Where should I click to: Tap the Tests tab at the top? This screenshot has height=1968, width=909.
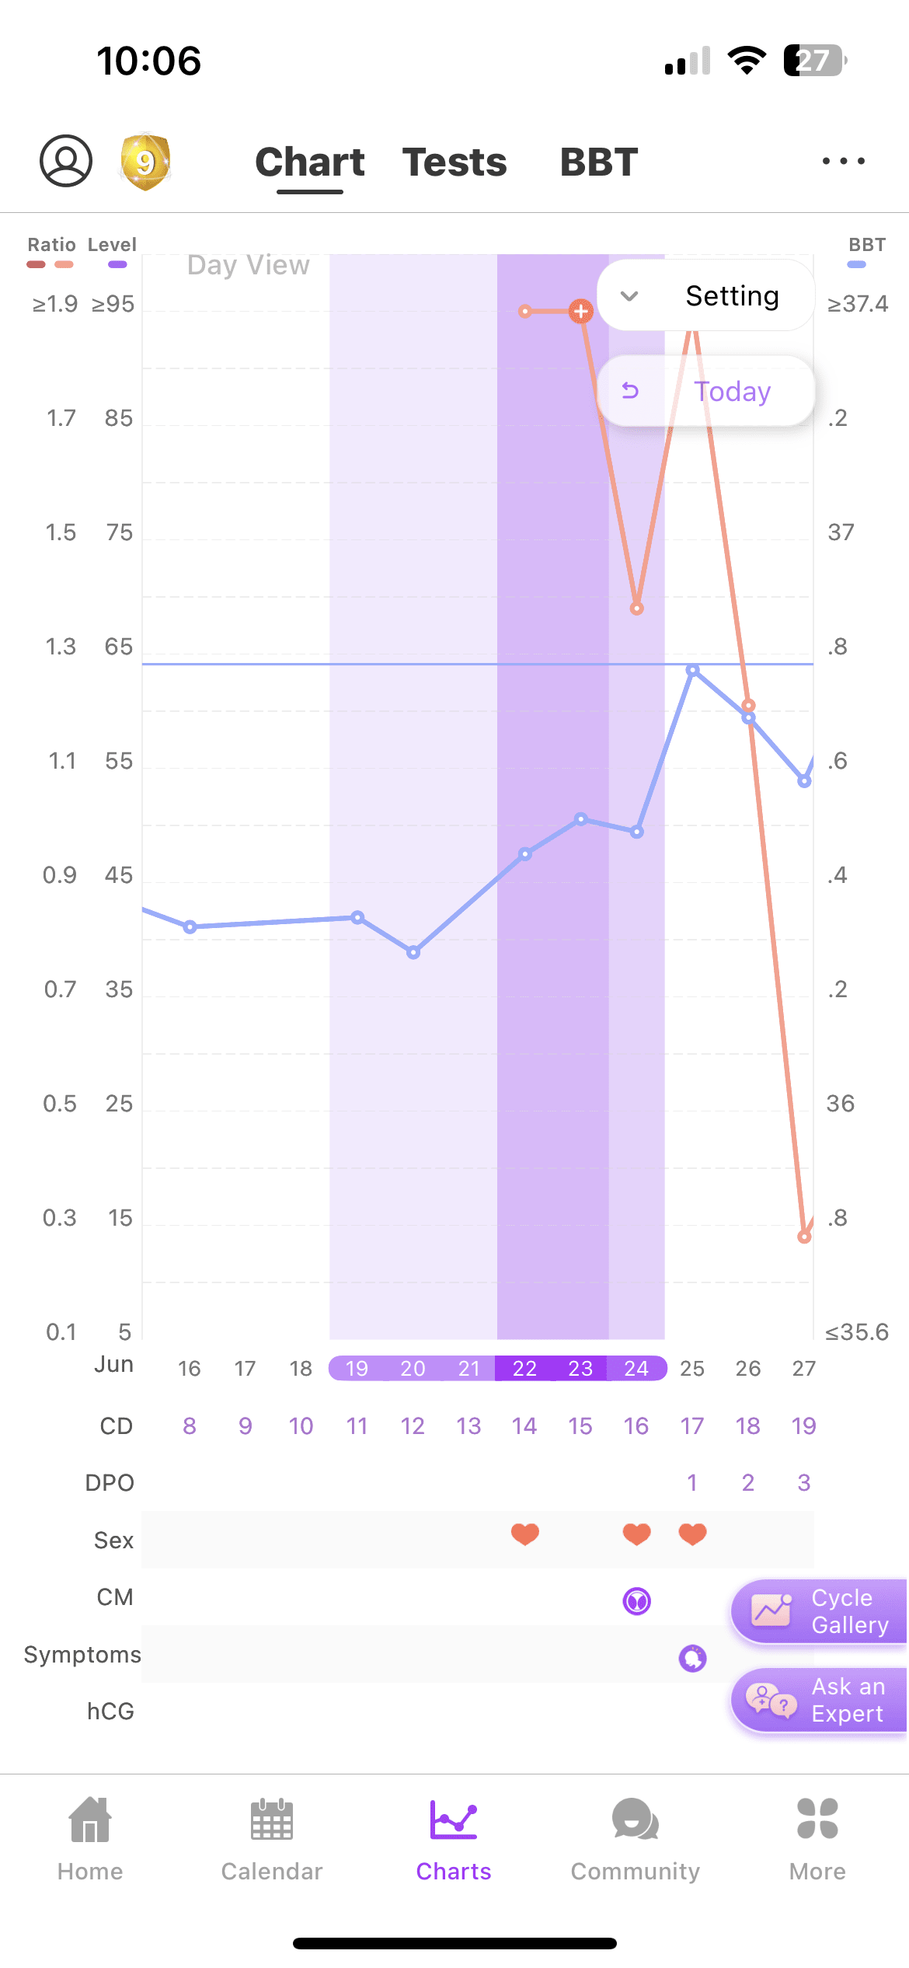(x=454, y=162)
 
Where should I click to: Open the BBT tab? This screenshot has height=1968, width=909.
(x=599, y=162)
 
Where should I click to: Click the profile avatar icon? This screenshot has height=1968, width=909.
(x=66, y=161)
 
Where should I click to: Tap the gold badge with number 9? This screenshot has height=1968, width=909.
(x=145, y=162)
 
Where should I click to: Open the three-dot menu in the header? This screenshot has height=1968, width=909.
(x=844, y=162)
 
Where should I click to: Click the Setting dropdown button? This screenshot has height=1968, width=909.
(x=705, y=296)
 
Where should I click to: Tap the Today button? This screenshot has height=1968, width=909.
(x=705, y=391)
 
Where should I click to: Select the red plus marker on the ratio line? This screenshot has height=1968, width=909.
(x=580, y=312)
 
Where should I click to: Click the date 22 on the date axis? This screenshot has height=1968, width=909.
(x=524, y=1369)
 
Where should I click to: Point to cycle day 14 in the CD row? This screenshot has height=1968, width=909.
(x=524, y=1426)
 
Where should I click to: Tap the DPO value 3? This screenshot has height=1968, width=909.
(x=804, y=1483)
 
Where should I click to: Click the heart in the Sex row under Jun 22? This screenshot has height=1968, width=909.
(x=525, y=1534)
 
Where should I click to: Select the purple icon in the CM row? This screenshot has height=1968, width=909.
(x=637, y=1601)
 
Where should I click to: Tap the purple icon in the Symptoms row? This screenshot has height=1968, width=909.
(x=693, y=1658)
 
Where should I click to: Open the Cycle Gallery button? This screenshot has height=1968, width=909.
(x=819, y=1611)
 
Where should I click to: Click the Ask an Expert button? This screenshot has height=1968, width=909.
(x=819, y=1700)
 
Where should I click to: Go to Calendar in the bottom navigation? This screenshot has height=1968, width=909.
(x=272, y=1838)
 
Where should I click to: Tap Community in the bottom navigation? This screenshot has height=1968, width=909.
(x=636, y=1838)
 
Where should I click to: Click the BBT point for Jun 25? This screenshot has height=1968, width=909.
(x=693, y=670)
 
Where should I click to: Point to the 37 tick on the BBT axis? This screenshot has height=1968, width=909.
(x=841, y=532)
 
